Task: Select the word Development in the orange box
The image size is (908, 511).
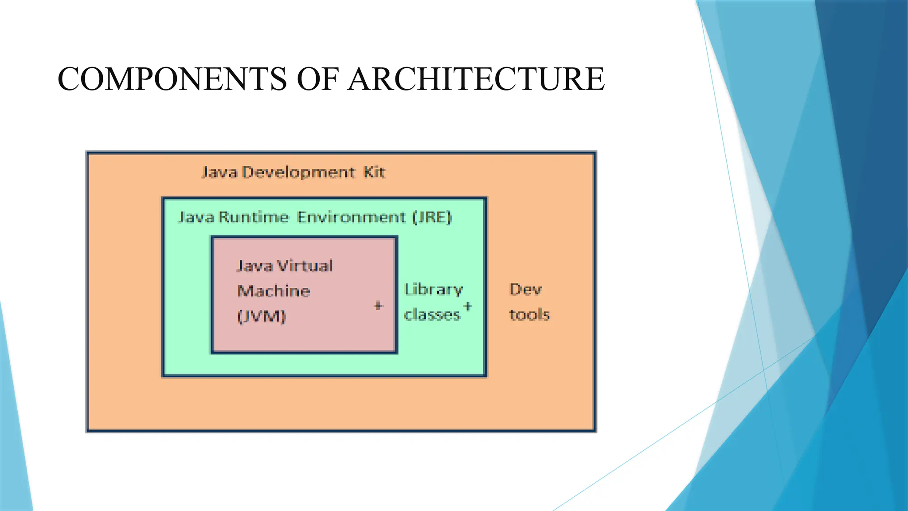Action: pos(298,172)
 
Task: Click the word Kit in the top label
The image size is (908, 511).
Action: pos(374,172)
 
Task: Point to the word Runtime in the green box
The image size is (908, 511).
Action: pos(253,217)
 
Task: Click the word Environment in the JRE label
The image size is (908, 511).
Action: pos(351,217)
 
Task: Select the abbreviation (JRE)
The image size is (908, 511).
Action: pos(432,217)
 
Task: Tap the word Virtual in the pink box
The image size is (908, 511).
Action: pos(305,266)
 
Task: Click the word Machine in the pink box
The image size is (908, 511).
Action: pos(274,291)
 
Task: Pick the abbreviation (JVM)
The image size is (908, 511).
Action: pos(262,316)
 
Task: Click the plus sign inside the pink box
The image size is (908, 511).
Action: pos(378,306)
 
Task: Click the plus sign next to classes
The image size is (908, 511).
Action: pos(467,307)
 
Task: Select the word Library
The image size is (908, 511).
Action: pos(433,290)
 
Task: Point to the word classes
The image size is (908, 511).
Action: pos(432,314)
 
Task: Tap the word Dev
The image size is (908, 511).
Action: pos(525,290)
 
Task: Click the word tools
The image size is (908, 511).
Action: pos(529,314)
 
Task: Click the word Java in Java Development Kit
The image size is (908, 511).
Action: pos(220,172)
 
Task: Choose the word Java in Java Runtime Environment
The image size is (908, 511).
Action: pos(196,217)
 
